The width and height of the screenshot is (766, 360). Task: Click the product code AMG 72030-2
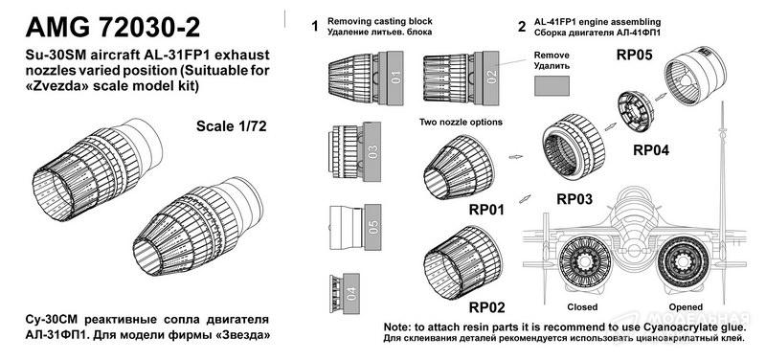113,27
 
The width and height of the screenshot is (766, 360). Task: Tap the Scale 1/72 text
232,126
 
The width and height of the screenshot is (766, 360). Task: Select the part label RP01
486,210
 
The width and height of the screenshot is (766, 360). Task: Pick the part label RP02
486,307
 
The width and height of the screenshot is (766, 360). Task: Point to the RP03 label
574,199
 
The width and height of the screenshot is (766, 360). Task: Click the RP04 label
651,150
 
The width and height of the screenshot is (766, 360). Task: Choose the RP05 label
634,55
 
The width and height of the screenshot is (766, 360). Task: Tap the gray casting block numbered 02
490,78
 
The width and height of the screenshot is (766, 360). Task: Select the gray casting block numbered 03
372,152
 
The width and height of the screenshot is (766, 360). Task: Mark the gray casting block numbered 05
372,227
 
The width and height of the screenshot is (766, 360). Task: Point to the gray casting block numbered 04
350,293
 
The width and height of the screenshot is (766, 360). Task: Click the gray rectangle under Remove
552,86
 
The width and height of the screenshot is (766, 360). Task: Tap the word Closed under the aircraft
582,307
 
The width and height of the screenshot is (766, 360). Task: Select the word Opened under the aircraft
686,307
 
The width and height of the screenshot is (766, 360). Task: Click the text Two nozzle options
461,123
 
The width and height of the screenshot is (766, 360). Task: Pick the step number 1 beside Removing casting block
315,27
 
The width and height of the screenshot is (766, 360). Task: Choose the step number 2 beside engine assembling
522,27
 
